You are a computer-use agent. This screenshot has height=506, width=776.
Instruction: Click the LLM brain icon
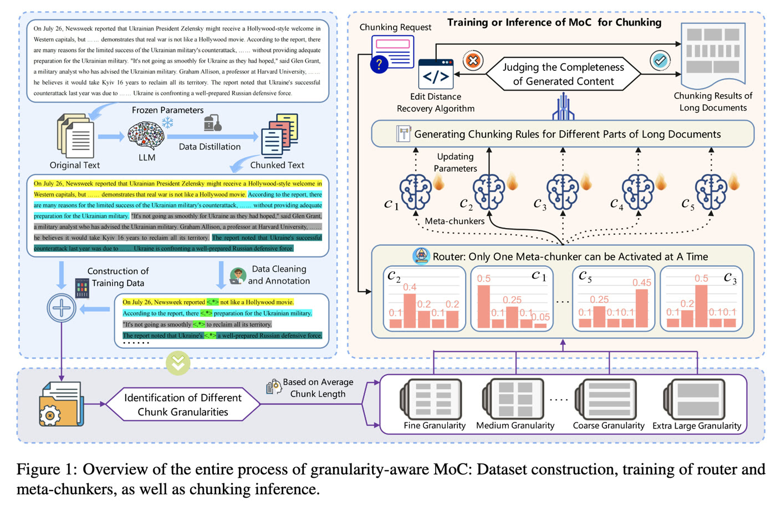click(146, 136)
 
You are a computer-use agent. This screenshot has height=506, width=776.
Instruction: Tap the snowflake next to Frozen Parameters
click(167, 122)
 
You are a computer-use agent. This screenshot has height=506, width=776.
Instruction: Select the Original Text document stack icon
click(75, 136)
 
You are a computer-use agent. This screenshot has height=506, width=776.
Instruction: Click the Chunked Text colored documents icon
click(279, 136)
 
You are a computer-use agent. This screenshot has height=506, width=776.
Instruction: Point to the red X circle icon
click(473, 61)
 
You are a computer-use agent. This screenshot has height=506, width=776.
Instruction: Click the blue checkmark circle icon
click(660, 61)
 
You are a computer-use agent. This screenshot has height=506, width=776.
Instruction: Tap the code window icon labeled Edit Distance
click(436, 74)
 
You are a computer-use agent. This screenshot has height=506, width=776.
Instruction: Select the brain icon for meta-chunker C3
click(563, 192)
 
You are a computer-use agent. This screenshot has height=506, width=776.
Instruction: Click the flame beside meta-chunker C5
click(734, 183)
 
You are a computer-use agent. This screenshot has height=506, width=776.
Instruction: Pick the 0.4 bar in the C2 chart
click(410, 311)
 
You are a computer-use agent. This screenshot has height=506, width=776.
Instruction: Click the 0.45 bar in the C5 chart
click(642, 308)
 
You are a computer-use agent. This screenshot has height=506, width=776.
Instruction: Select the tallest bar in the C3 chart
click(701, 306)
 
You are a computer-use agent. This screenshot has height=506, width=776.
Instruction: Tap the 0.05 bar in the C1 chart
click(540, 326)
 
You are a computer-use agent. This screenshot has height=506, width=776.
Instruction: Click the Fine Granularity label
click(435, 425)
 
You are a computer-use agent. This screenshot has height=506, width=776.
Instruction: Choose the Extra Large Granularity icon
click(694, 399)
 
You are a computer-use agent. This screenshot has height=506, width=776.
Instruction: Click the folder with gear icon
click(62, 404)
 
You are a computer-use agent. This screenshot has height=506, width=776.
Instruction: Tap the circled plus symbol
click(62, 308)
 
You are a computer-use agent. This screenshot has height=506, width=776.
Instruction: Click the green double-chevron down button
click(178, 363)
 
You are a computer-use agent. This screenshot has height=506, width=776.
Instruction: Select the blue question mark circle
click(379, 64)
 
